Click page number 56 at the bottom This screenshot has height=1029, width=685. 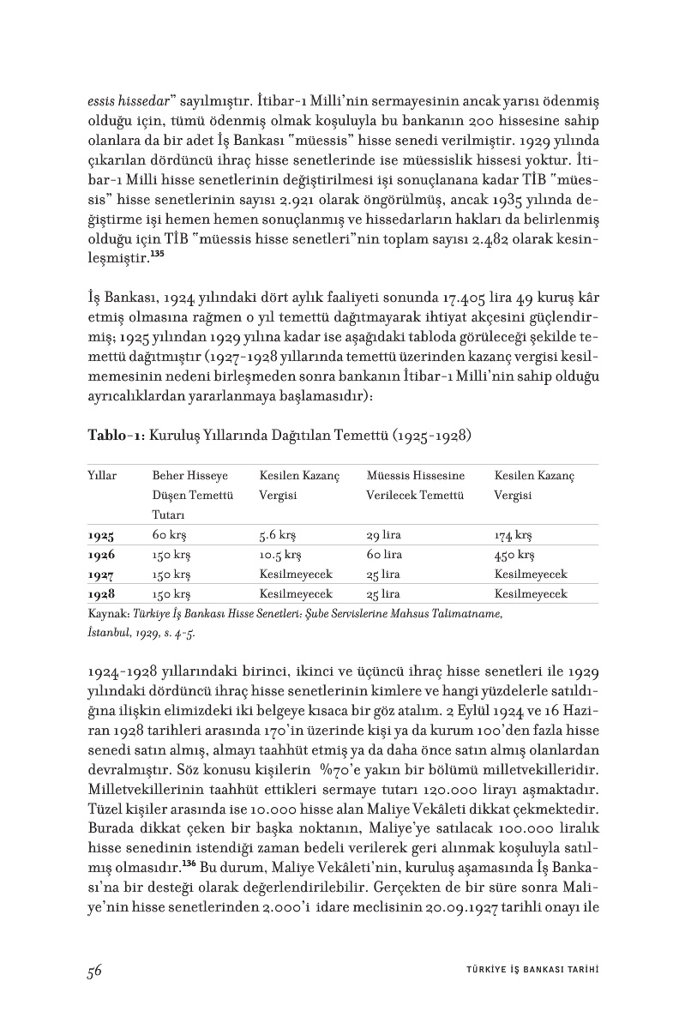pyautogui.click(x=95, y=971)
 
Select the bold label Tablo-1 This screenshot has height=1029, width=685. pyautogui.click(x=116, y=435)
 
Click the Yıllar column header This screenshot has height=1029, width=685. pyautogui.click(x=102, y=475)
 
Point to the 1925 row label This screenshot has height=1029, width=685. pyautogui.click(x=101, y=535)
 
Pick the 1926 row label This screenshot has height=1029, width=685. pyautogui.click(x=101, y=555)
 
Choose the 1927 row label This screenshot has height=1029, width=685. pyautogui.click(x=101, y=574)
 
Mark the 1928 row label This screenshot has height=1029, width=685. pyautogui.click(x=101, y=593)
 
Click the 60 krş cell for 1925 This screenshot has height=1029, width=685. pyautogui.click(x=170, y=535)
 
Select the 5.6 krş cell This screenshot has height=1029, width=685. pyautogui.click(x=277, y=535)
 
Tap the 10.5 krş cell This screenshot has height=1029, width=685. pyautogui.click(x=279, y=555)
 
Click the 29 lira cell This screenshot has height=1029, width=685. pyautogui.click(x=384, y=535)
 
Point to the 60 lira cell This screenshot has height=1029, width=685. pyautogui.click(x=384, y=555)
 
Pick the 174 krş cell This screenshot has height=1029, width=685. pyautogui.click(x=513, y=535)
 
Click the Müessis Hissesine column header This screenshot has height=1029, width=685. pyautogui.click(x=415, y=475)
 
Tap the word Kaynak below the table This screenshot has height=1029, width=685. pyautogui.click(x=107, y=615)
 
